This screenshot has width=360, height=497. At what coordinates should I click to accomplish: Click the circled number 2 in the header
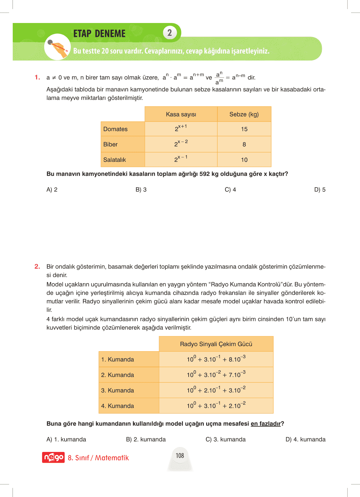click(x=170, y=33)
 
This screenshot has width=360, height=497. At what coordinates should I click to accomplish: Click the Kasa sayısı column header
click(x=181, y=114)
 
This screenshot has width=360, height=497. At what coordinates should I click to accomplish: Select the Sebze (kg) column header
click(x=244, y=114)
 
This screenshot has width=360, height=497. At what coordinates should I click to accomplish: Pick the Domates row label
click(x=115, y=129)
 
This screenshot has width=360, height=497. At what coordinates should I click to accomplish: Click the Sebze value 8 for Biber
click(x=244, y=145)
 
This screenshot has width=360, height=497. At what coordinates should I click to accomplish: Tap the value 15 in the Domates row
click(x=244, y=129)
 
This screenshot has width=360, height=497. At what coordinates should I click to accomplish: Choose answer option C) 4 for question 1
click(x=230, y=190)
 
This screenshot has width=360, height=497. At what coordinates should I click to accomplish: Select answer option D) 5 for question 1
click(x=320, y=190)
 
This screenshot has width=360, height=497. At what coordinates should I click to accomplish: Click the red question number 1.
click(x=37, y=77)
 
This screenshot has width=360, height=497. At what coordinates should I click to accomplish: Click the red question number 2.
click(x=37, y=266)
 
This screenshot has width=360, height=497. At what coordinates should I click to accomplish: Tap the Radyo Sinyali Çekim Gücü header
click(x=216, y=344)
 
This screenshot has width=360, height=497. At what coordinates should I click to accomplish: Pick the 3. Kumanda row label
click(x=117, y=391)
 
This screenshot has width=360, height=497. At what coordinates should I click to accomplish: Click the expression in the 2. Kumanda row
click(x=216, y=374)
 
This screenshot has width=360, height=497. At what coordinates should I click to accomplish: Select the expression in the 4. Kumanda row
click(x=216, y=405)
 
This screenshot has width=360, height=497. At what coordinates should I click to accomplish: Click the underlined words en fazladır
click(x=266, y=424)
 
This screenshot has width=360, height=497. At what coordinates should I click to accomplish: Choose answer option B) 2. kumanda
click(x=146, y=440)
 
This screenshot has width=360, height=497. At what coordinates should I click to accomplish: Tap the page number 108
click(x=180, y=456)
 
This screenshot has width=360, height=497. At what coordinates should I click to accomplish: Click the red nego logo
click(x=53, y=457)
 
